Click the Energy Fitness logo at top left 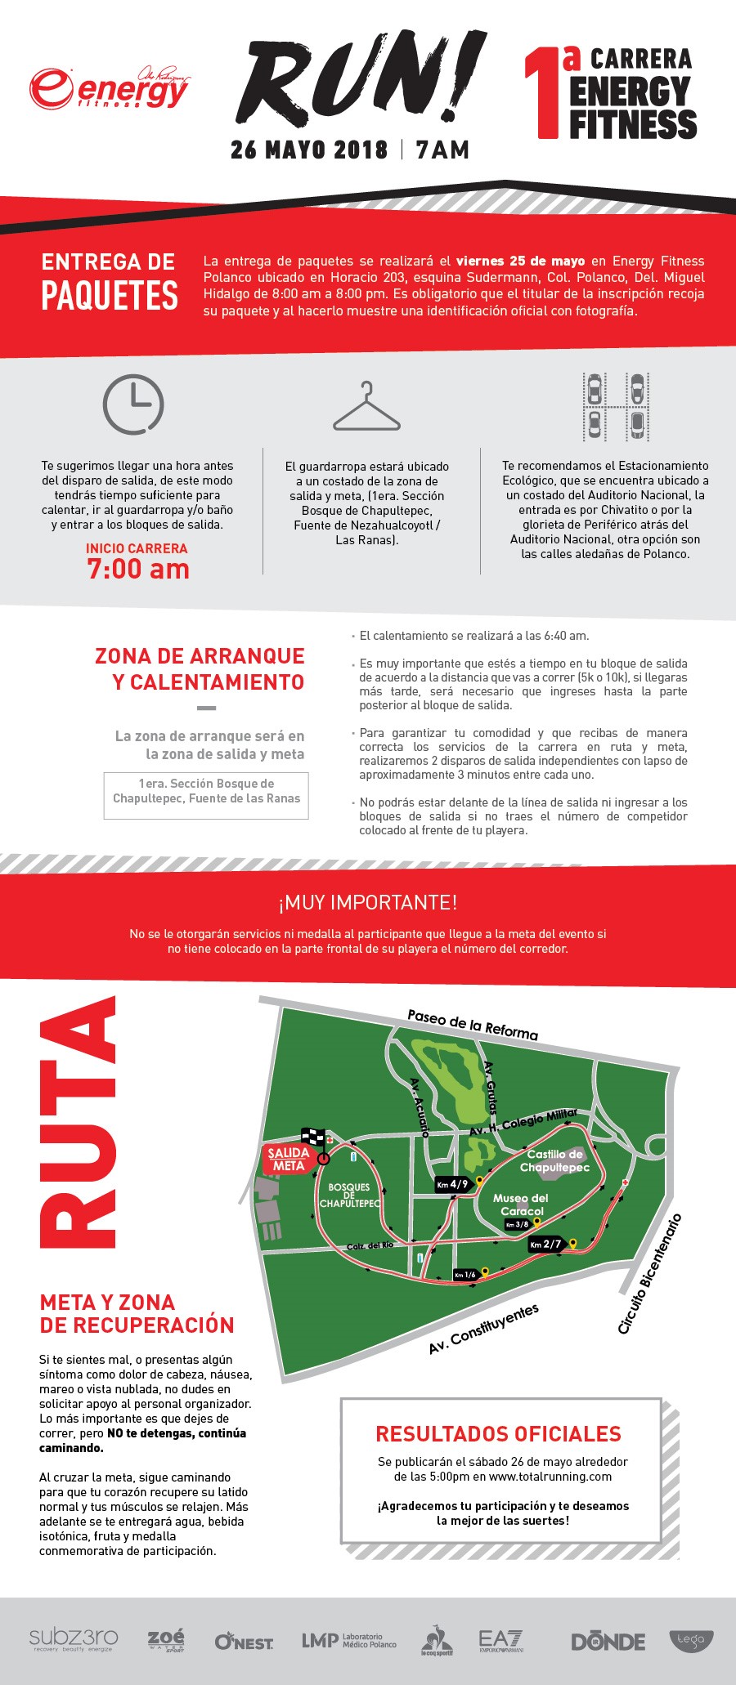[110, 89]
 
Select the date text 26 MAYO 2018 [309, 150]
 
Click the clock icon [132, 404]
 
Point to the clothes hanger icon [367, 408]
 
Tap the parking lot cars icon [615, 405]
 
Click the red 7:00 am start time [138, 569]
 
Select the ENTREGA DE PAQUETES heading [110, 282]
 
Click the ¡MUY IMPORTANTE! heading [367, 903]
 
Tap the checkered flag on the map [313, 1137]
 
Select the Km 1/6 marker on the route [465, 1275]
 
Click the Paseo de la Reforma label [473, 1024]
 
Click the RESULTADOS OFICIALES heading [498, 1433]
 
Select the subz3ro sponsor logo [74, 1638]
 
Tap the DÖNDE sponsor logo [608, 1641]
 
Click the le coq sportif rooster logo [437, 1640]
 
